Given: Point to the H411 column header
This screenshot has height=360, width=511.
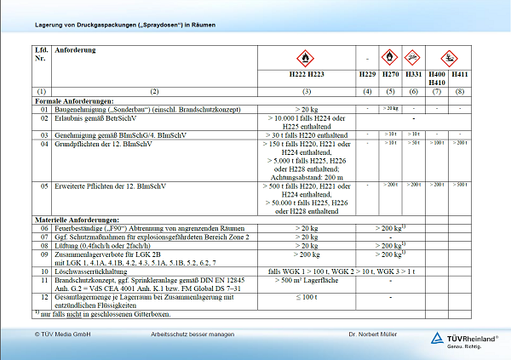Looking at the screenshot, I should [x=460, y=75].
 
